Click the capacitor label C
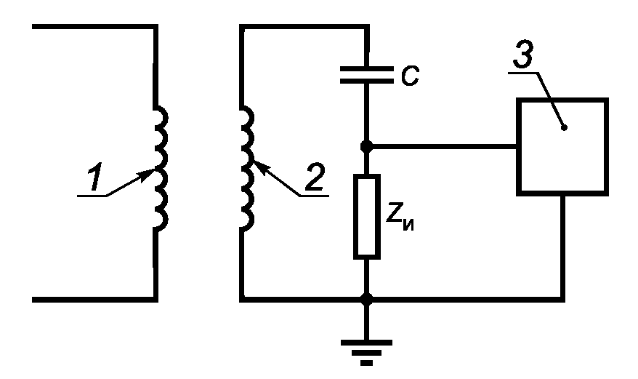tap(410, 76)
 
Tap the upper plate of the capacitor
tap(367, 69)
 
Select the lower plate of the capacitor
tap(367, 81)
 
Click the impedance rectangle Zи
tap(367, 217)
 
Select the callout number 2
tap(315, 177)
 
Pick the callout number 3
tap(523, 55)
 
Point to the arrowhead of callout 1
tap(147, 174)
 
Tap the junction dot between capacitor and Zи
tap(367, 146)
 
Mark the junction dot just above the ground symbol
tap(367, 300)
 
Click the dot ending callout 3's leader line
tap(564, 128)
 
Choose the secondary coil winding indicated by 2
tap(247, 169)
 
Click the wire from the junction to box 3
tap(443, 146)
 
